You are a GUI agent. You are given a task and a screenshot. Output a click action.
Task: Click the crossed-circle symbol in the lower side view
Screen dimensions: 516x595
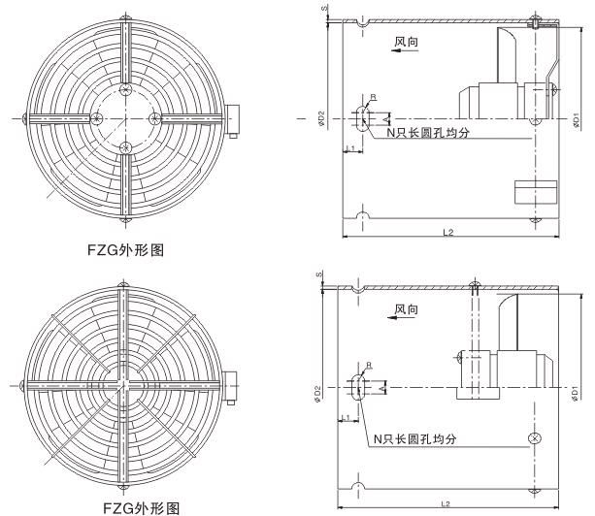point(533,438)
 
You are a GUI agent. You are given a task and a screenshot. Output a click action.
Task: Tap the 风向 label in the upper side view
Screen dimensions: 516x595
point(406,42)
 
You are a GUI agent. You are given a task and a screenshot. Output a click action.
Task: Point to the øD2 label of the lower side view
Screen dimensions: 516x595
point(320,394)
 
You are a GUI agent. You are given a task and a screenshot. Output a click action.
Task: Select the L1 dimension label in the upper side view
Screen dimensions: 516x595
point(349,147)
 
